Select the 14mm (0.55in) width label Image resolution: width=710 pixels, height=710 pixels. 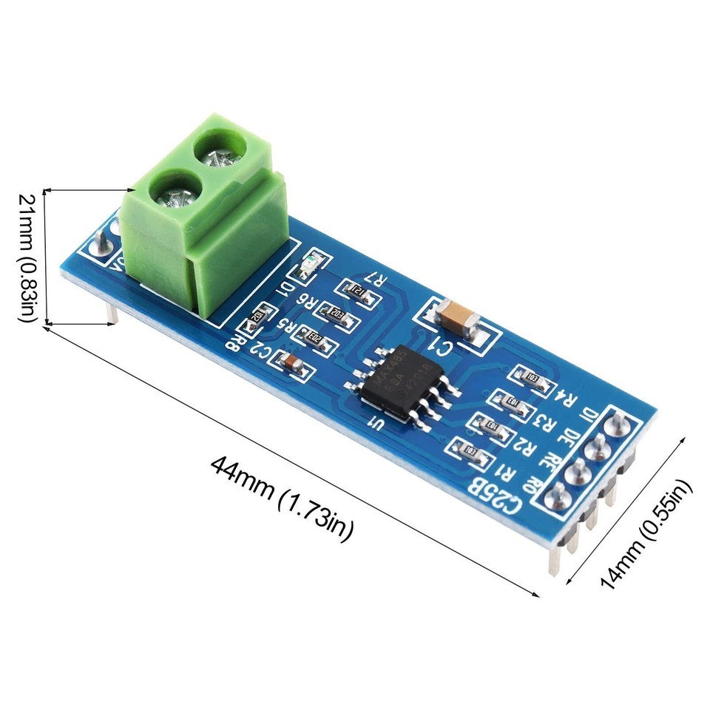click(646, 532)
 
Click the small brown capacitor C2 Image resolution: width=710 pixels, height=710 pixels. click(291, 362)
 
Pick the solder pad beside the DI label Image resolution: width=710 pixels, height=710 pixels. click(615, 424)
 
